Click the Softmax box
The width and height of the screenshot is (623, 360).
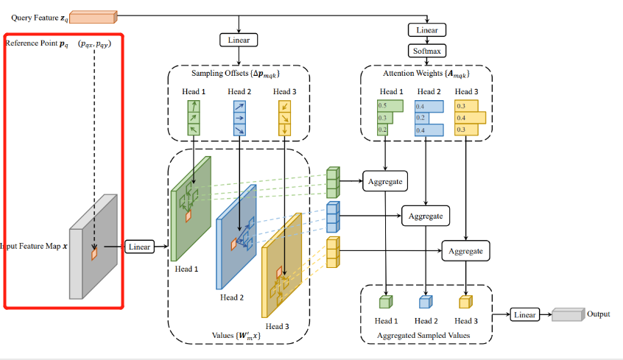tap(427, 52)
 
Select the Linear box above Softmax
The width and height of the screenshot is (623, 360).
tap(427, 30)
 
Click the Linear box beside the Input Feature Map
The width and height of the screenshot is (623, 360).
tap(139, 247)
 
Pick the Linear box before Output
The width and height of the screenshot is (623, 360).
tap(524, 315)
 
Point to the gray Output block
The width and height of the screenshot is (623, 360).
tap(567, 314)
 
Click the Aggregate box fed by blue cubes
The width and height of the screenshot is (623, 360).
tap(426, 216)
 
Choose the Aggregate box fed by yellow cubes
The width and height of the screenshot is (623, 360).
tap(465, 251)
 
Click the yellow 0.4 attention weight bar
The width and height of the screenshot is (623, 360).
tap(470, 117)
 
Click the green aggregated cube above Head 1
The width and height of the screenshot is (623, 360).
tap(385, 302)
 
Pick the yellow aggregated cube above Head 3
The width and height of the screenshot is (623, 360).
tap(465, 302)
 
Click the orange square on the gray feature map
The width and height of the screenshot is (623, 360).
tap(94, 254)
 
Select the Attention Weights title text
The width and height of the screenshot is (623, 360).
tap(426, 74)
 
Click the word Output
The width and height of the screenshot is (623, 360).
tap(598, 314)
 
